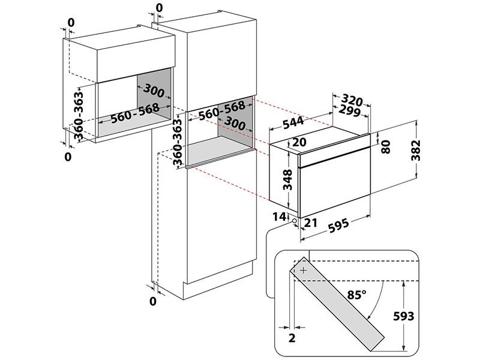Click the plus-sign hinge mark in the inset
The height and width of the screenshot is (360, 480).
(x=303, y=271)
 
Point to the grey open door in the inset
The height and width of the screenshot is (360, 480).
(x=339, y=306)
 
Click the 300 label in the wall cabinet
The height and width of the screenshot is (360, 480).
(x=155, y=91)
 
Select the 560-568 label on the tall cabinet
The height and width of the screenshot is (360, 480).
(x=221, y=110)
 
